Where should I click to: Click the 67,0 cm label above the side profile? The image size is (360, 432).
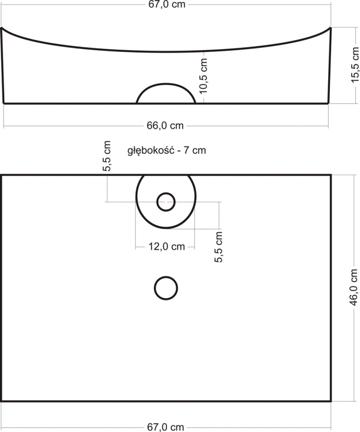166,4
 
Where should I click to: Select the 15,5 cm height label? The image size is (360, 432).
355,65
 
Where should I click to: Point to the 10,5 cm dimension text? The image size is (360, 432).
203,76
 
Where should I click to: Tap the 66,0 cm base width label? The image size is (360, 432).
165,125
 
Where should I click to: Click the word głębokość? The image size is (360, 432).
151,151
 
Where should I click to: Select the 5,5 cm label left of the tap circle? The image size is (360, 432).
106,156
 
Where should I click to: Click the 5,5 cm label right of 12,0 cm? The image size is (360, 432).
218,247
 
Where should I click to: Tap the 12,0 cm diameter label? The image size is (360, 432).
166,246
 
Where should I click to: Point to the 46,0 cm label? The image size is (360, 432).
354,287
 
